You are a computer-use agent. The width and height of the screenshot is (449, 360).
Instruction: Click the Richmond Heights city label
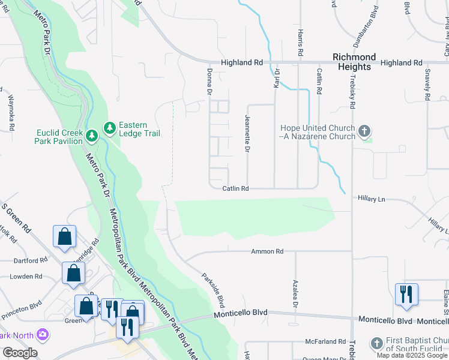click(x=354, y=62)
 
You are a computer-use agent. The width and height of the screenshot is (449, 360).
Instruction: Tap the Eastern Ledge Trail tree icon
click(x=110, y=128)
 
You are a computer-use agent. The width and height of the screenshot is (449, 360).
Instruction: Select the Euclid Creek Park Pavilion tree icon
click(x=91, y=136)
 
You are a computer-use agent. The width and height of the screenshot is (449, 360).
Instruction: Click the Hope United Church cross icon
click(x=364, y=131)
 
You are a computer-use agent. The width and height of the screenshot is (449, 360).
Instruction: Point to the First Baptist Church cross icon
click(x=376, y=343)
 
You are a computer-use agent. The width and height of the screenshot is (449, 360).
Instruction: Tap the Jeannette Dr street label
click(x=247, y=134)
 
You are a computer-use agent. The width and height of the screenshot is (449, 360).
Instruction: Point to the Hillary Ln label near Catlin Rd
click(x=370, y=198)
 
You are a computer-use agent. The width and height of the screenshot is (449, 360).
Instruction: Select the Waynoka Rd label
click(x=11, y=113)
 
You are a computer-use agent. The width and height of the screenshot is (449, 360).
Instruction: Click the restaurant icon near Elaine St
click(x=406, y=294)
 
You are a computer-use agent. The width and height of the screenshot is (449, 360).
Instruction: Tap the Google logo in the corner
click(x=19, y=353)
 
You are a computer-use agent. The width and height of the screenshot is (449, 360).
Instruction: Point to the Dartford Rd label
click(x=31, y=260)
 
